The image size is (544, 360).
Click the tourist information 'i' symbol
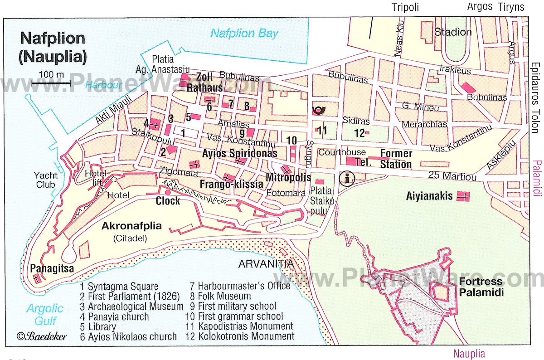[x=348, y=178]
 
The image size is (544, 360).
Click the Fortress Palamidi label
[x=481, y=287]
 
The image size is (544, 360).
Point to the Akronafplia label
[x=132, y=226]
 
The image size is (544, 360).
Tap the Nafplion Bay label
[x=244, y=33]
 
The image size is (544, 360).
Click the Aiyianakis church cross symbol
[x=463, y=196]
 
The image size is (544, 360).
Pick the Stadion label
[x=453, y=32]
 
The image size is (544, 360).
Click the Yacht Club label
[x=45, y=180]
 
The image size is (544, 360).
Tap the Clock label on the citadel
[x=168, y=200]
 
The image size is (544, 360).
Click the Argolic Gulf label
[x=44, y=315]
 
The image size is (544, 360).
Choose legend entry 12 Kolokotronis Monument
[x=240, y=336]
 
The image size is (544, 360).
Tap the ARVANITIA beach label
[x=266, y=264]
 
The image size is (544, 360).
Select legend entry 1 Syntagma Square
[x=119, y=286]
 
